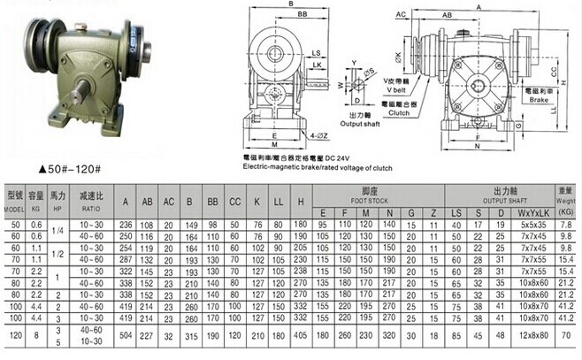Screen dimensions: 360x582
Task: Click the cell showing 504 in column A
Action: click(x=126, y=336)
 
